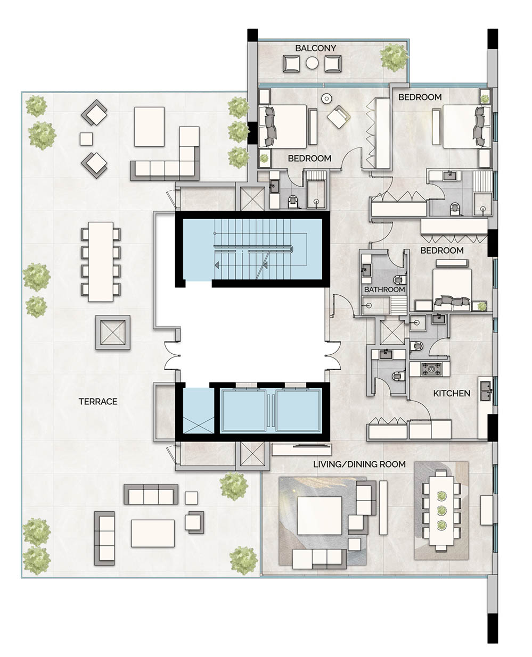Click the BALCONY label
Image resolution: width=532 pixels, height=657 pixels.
pyautogui.click(x=316, y=48)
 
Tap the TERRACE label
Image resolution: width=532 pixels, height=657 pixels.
pyautogui.click(x=98, y=401)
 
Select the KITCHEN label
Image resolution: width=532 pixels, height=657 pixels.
pyautogui.click(x=452, y=393)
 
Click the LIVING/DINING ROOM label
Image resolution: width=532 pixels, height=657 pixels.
pyautogui.click(x=359, y=464)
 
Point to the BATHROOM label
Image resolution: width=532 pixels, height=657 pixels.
pyautogui.click(x=384, y=289)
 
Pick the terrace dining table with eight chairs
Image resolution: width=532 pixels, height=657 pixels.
pyautogui.click(x=101, y=261)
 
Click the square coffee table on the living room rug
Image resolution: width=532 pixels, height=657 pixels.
pyautogui.click(x=320, y=514)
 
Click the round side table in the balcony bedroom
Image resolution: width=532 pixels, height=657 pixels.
pyautogui.click(x=326, y=98)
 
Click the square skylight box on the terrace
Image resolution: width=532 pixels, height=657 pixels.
pyautogui.click(x=113, y=332)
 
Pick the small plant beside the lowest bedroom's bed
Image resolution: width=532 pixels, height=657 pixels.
pyautogui.click(x=482, y=305)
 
